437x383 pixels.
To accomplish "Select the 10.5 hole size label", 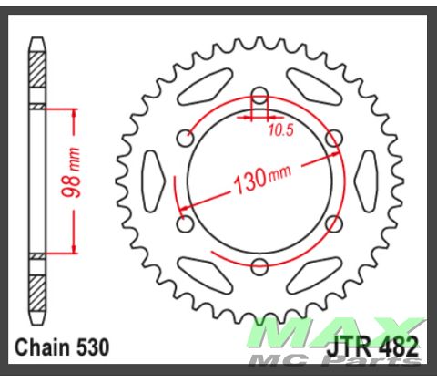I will (x=281, y=129).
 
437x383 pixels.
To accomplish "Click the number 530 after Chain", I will (x=92, y=347).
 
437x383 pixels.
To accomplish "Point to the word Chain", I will (x=45, y=347).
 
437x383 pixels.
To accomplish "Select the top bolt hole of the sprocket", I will (x=259, y=95).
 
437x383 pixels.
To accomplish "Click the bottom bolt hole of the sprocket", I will (x=259, y=265).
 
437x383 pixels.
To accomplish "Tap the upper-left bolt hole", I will (x=186, y=138).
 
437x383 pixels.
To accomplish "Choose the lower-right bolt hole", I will (x=333, y=223).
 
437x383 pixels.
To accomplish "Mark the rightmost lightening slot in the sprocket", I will (x=367, y=179).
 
